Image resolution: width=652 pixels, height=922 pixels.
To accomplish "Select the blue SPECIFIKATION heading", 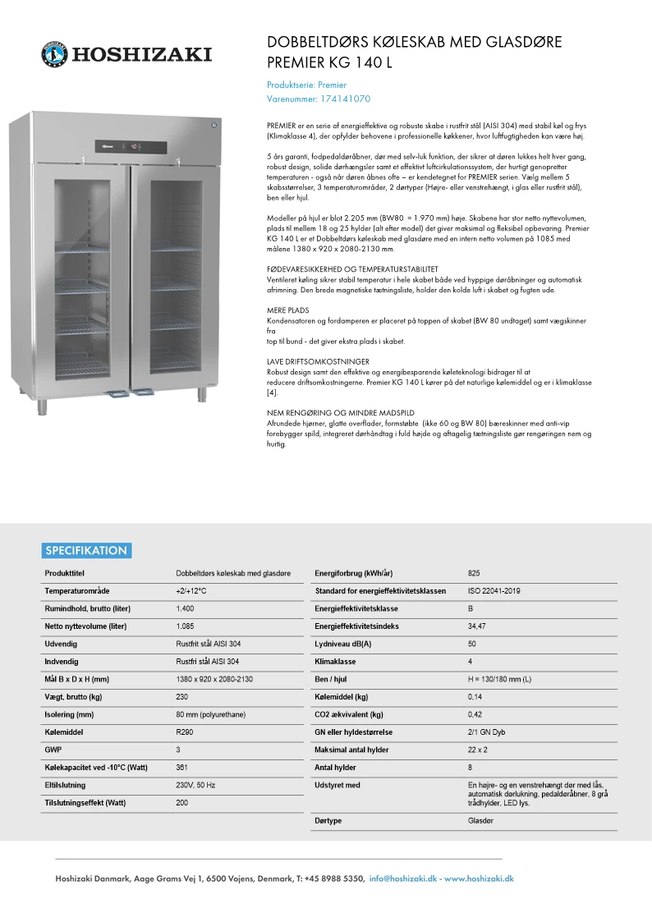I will [x=86, y=551].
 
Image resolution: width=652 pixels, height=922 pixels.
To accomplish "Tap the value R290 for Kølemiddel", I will [x=185, y=732].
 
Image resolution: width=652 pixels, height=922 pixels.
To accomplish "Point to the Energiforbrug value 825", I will [x=474, y=573].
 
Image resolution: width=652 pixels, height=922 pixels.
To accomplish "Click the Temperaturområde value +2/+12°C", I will [x=191, y=591].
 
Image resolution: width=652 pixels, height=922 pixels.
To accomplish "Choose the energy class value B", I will [x=471, y=608].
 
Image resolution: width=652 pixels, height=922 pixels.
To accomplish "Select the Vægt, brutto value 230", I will [x=182, y=696].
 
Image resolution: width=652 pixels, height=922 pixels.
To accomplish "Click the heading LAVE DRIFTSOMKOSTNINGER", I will [x=318, y=361].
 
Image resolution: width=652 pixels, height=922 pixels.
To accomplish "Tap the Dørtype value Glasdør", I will [x=480, y=820].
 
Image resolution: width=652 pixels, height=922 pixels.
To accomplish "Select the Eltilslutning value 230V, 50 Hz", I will [x=197, y=785].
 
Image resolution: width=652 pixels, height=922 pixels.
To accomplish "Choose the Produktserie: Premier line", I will [x=307, y=85].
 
